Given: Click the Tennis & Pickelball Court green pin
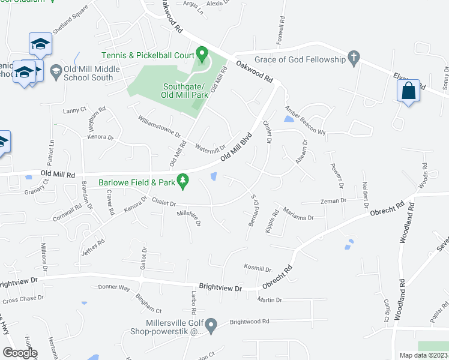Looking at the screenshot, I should pyautogui.click(x=202, y=55).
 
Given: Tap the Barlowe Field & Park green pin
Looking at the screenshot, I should pyautogui.click(x=184, y=180).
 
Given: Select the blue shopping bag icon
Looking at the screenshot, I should pyautogui.click(x=408, y=91).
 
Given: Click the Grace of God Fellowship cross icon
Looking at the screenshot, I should pyautogui.click(x=354, y=59).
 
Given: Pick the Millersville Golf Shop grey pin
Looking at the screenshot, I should pyautogui.click(x=211, y=326).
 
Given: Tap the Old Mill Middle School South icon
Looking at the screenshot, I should pyautogui.click(x=56, y=71).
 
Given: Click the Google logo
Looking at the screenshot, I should pyautogui.click(x=20, y=353).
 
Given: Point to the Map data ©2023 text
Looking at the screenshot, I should pyautogui.click(x=424, y=355).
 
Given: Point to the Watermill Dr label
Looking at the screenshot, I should pyautogui.click(x=209, y=147).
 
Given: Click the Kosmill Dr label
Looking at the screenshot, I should pyautogui.click(x=258, y=269).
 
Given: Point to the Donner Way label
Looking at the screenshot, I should pyautogui.click(x=114, y=287).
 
